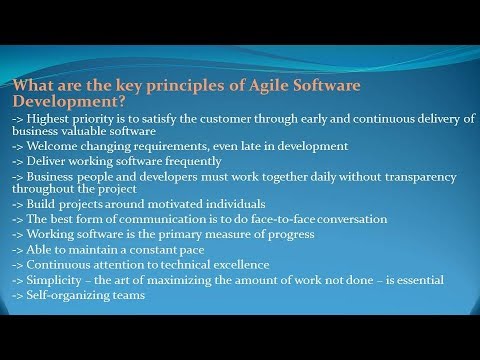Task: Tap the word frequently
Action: pos(187,161)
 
